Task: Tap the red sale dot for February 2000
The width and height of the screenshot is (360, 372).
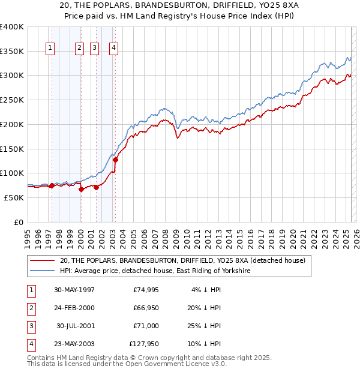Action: [x=81, y=189]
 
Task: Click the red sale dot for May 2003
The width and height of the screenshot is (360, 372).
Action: [x=115, y=160]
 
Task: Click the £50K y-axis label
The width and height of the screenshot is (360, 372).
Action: [x=14, y=197]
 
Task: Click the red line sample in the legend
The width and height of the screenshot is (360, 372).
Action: [x=42, y=260]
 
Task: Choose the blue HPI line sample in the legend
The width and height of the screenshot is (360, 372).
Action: [x=42, y=271]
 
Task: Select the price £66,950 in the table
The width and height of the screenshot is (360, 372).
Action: [x=146, y=308]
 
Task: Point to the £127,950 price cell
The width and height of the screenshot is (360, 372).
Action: [x=144, y=344]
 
